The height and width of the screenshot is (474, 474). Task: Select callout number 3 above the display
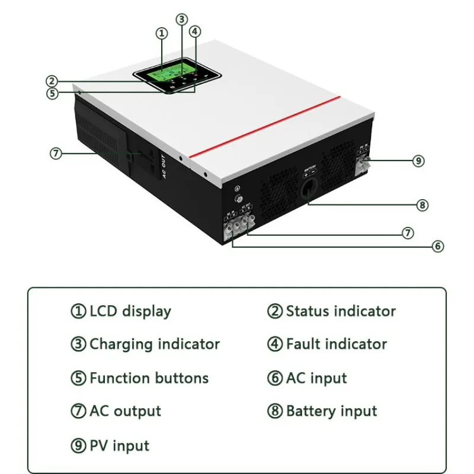182,19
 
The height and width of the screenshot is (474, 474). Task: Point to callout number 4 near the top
195,31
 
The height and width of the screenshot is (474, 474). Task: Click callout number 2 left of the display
52,81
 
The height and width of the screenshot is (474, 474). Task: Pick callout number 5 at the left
53,93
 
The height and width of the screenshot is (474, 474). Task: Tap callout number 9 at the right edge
419,160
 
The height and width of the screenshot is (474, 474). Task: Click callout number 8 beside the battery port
422,205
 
